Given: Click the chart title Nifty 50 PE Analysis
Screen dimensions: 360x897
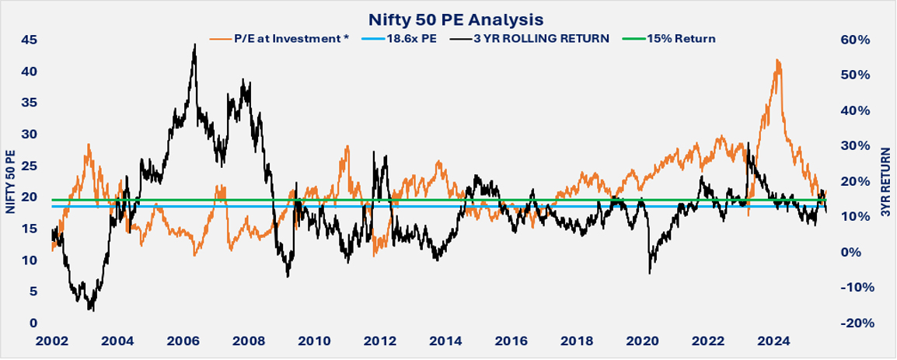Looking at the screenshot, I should pyautogui.click(x=448, y=18).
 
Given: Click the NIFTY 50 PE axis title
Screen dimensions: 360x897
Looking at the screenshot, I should pyautogui.click(x=10, y=180).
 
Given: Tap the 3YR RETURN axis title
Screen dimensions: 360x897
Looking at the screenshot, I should pyautogui.click(x=885, y=180).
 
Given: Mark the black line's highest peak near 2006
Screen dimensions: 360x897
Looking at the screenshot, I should pyautogui.click(x=194, y=45).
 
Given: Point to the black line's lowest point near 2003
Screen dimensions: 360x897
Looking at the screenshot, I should pyautogui.click(x=92, y=310).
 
